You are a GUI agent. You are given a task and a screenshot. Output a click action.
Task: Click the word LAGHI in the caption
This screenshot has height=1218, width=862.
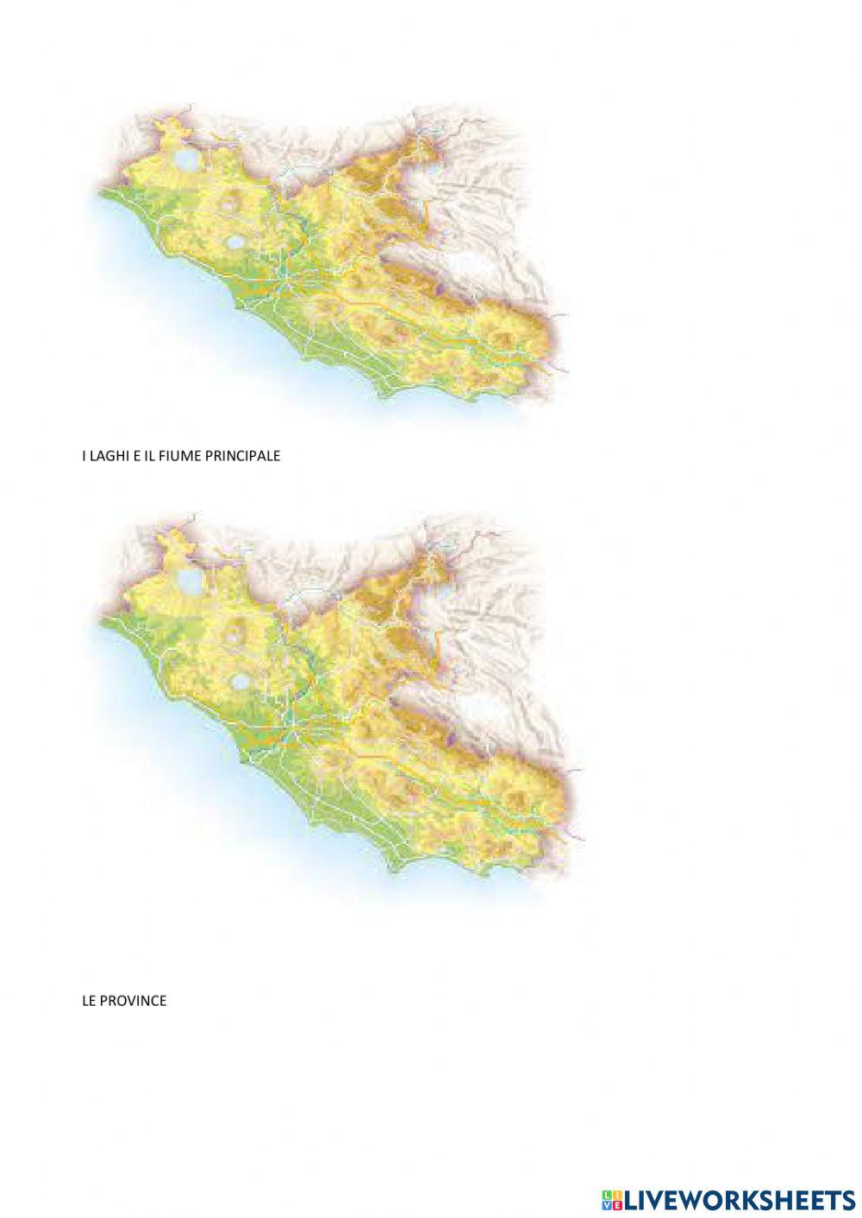click(108, 456)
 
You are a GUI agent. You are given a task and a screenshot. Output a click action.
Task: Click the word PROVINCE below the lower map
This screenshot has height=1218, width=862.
click(133, 1001)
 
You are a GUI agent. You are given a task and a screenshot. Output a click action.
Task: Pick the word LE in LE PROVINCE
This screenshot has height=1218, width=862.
click(89, 1001)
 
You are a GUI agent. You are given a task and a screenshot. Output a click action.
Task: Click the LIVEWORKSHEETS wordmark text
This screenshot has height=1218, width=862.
click(740, 1199)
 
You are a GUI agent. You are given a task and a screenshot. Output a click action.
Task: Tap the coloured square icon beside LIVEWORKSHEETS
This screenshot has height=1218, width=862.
click(612, 1199)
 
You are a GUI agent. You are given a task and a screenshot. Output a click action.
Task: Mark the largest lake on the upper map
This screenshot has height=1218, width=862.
click(185, 160)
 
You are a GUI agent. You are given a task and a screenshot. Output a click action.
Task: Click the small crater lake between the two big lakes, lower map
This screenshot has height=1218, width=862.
click(234, 636)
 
